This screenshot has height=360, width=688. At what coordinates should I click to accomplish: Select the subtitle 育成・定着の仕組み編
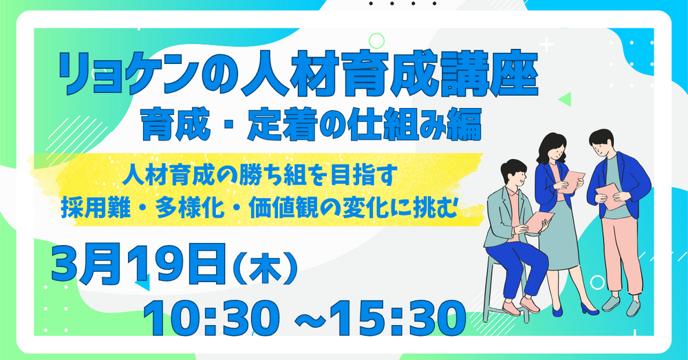pos(312,125)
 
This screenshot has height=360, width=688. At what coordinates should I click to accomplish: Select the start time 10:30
pos(211,318)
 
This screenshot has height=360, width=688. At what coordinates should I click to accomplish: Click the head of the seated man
pos(513,173)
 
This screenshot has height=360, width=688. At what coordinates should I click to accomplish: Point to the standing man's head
pos(602,142)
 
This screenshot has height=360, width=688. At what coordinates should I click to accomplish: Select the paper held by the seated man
pos(539,221)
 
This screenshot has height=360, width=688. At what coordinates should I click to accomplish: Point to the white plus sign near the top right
pos(546,45)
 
